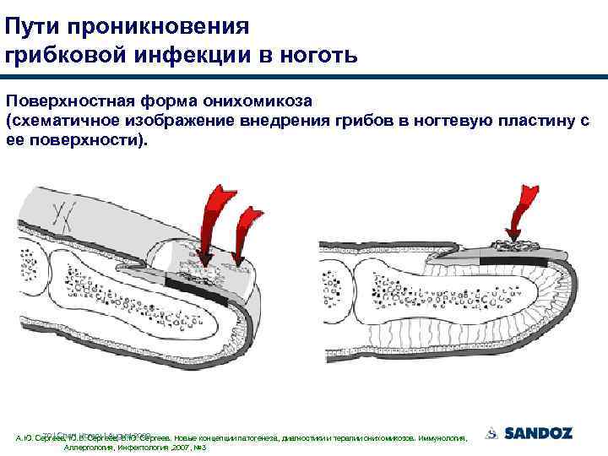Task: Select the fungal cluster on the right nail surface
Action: tap(513, 246)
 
